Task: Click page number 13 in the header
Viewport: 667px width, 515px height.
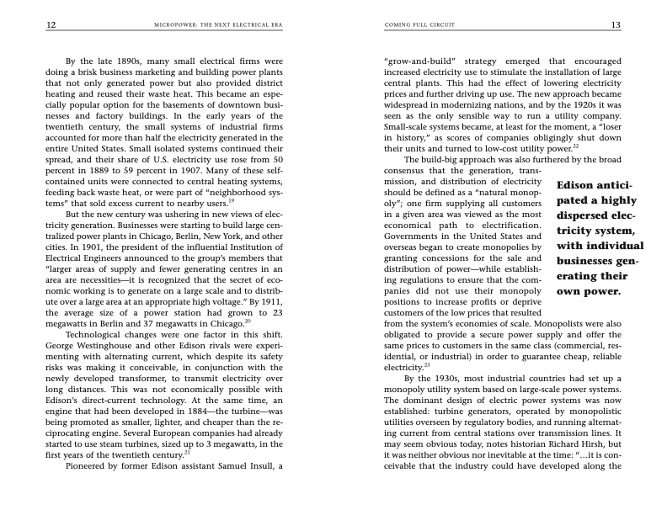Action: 616,25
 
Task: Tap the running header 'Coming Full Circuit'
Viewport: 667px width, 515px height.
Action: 419,25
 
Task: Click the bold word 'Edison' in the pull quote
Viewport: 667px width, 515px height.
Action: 581,185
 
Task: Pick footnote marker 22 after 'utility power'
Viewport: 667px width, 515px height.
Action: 575,146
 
